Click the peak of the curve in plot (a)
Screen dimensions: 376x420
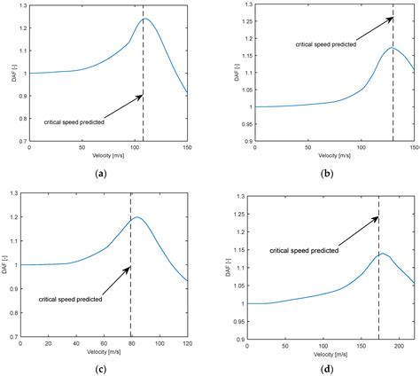145,19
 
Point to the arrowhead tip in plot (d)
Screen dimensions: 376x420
378,216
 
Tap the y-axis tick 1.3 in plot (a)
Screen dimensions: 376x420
21,6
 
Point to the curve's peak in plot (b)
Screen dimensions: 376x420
393,48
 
